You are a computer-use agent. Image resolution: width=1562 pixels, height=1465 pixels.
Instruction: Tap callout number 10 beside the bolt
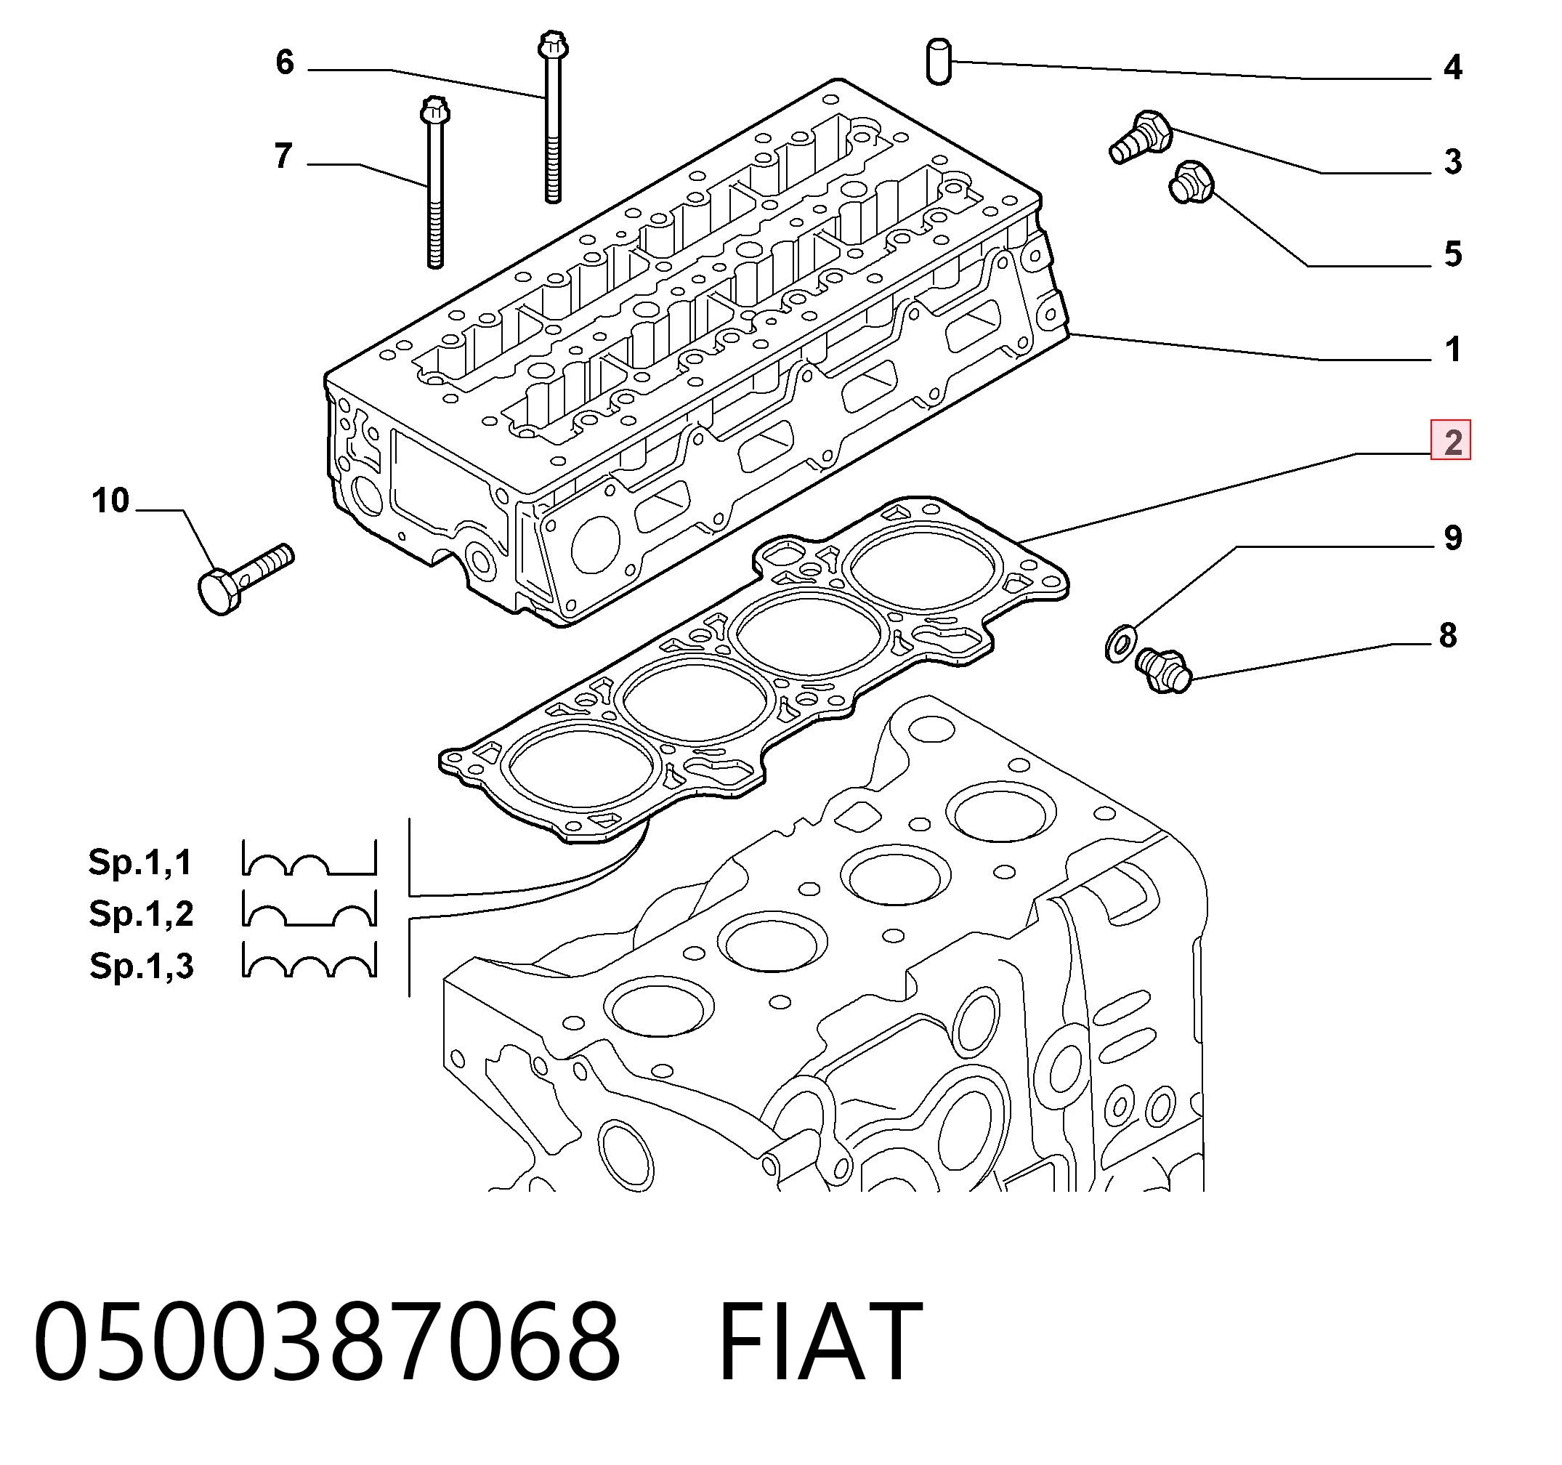pyautogui.click(x=110, y=501)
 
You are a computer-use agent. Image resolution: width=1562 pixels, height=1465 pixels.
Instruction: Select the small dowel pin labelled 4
pyautogui.click(x=939, y=60)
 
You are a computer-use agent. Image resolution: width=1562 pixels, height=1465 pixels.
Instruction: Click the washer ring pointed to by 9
pyautogui.click(x=1120, y=642)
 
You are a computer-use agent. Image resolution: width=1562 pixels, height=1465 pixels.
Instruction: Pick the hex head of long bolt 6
pyautogui.click(x=553, y=45)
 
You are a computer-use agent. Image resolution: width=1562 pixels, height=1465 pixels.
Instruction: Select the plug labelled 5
pyautogui.click(x=1192, y=182)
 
